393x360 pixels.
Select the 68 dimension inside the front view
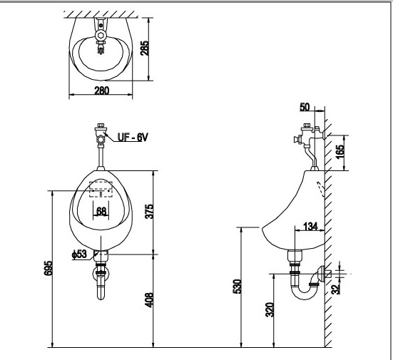pos(102,210)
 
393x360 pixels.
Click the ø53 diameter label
pos(79,254)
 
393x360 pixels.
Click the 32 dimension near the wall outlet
pos(337,287)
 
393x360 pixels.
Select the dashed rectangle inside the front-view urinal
pos(101,189)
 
